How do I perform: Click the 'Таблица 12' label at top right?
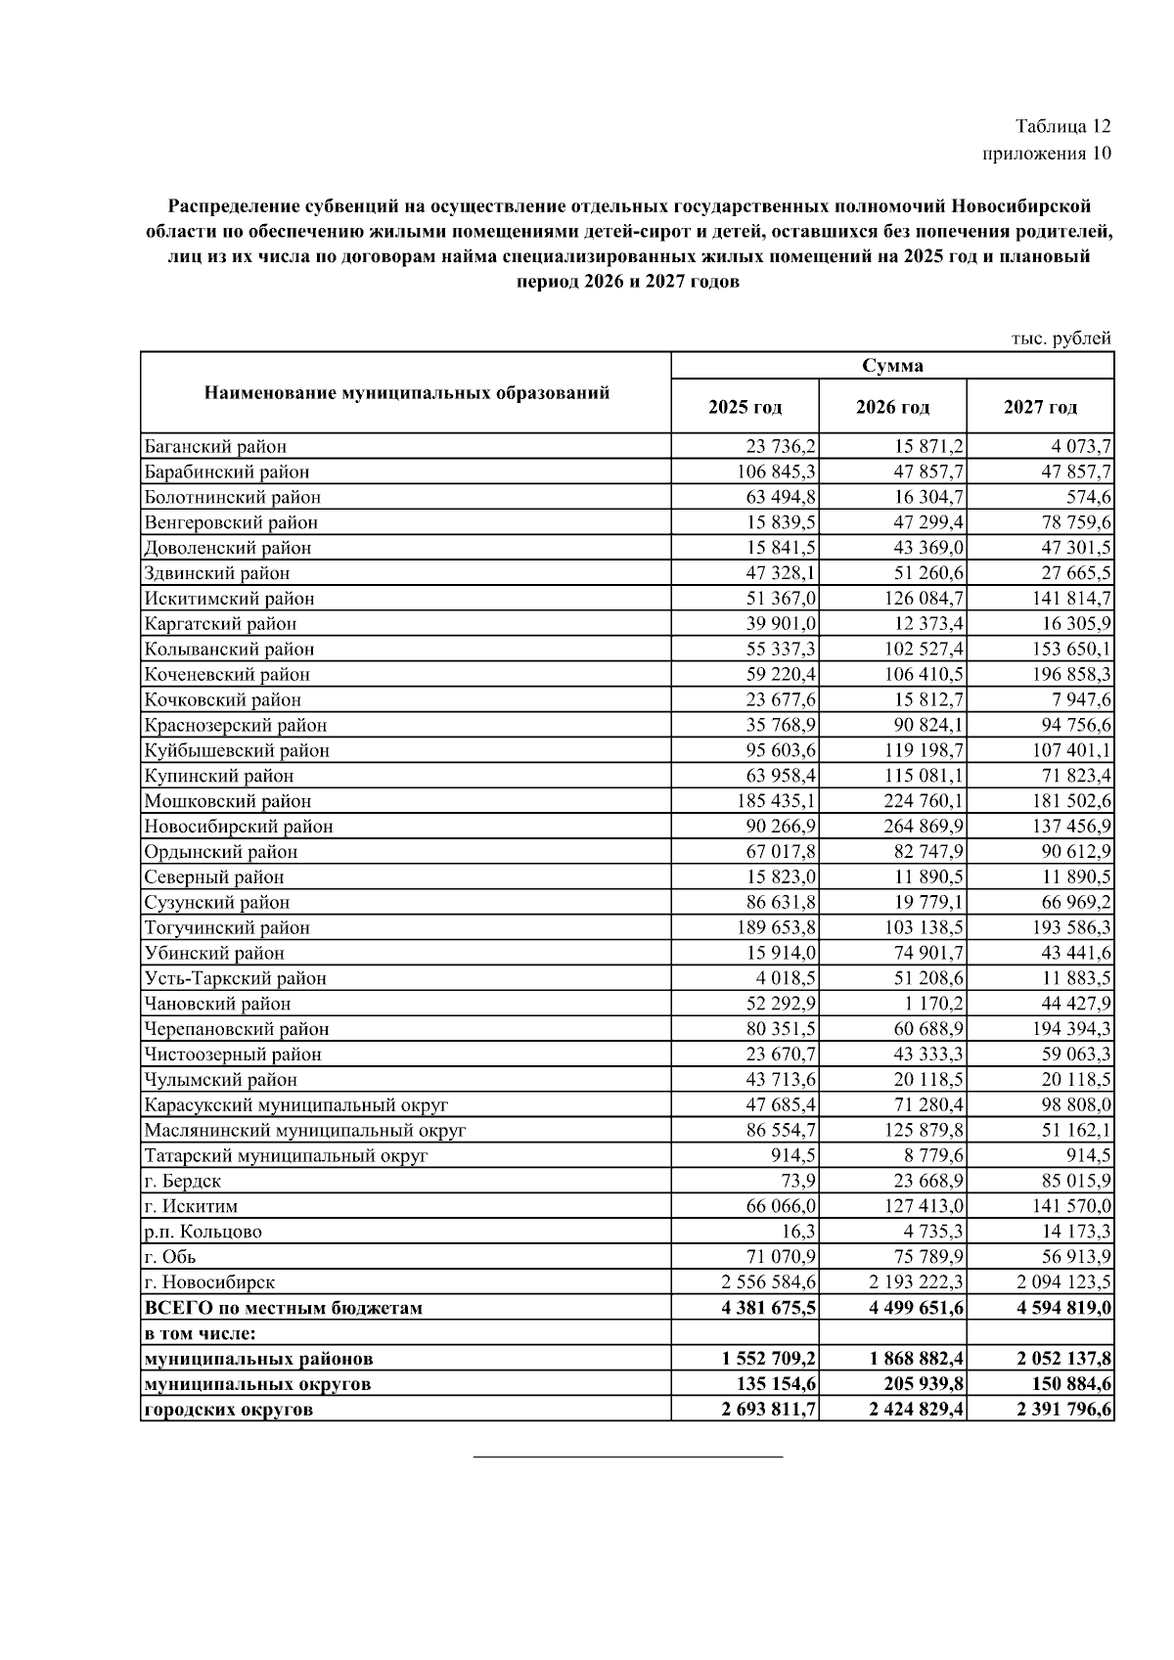click(x=1062, y=126)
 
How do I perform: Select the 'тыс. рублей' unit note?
click(x=1061, y=338)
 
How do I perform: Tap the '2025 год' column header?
click(x=745, y=407)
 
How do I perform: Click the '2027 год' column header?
click(x=1040, y=407)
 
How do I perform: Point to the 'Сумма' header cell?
click(x=892, y=366)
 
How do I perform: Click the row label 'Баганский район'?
click(x=215, y=447)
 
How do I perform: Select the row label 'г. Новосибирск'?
click(x=209, y=1282)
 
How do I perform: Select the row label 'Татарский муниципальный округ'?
click(x=286, y=1155)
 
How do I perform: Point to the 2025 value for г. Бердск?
click(x=798, y=1181)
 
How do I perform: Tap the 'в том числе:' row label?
click(x=200, y=1333)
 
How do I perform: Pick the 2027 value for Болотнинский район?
click(x=1089, y=498)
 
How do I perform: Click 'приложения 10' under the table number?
click(x=1047, y=154)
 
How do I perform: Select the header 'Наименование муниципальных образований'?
click(x=406, y=393)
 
